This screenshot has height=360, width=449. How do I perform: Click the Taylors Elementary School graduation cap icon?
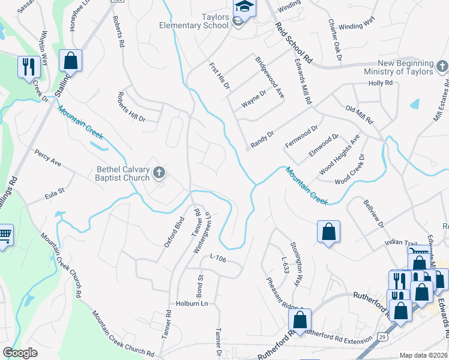click(x=244, y=7)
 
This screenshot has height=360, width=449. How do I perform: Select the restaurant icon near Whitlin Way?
click(x=28, y=67)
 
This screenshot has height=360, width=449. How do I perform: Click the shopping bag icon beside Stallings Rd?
click(x=71, y=60)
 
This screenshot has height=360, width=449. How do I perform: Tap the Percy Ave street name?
click(x=48, y=158)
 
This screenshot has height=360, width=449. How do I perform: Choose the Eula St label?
click(x=54, y=195)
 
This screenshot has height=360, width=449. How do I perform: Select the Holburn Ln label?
click(x=191, y=304)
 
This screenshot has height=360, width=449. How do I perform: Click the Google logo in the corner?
click(x=20, y=353)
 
